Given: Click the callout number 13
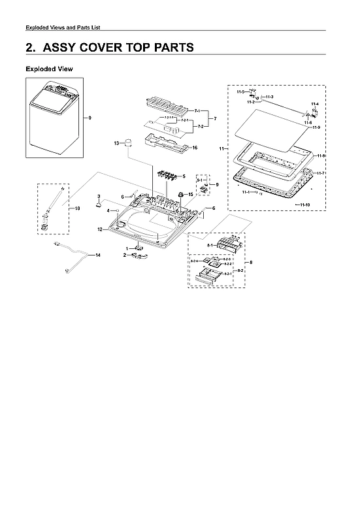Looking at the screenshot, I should pyautogui.click(x=116, y=142).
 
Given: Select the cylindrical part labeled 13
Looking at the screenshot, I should pyautogui.click(x=129, y=143).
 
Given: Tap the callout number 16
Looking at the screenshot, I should pyautogui.click(x=195, y=148).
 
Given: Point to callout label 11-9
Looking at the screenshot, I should pyautogui.click(x=316, y=127).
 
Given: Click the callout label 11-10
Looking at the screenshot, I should pyautogui.click(x=303, y=206).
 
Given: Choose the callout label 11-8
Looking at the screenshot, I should pyautogui.click(x=321, y=156).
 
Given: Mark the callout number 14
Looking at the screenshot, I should pyautogui.click(x=98, y=254).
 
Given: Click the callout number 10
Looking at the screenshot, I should pyautogui.click(x=76, y=208).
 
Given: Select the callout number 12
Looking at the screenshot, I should pyautogui.click(x=100, y=229).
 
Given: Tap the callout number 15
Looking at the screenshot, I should pyautogui.click(x=190, y=194).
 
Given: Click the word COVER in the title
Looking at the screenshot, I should pyautogui.click(x=115, y=48).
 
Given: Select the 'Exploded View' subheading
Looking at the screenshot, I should pyautogui.click(x=49, y=69).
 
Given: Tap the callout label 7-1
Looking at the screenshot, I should pyautogui.click(x=197, y=112).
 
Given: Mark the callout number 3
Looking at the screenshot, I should pyautogui.click(x=98, y=196).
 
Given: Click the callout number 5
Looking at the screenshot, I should pyautogui.click(x=184, y=176).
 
